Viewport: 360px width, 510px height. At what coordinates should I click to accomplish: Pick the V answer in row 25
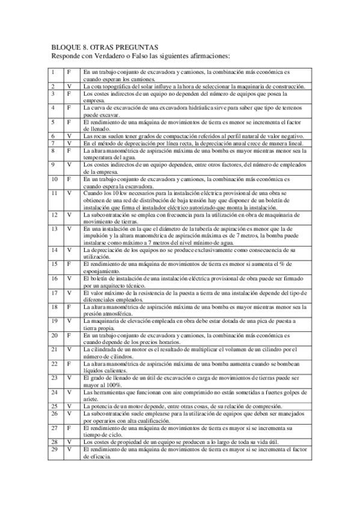pos(69,407)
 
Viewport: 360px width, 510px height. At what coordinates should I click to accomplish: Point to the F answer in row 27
pos(69,428)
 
